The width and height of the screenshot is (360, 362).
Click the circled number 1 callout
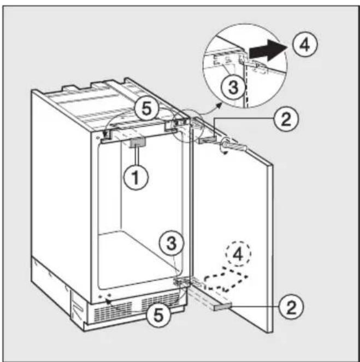click(x=136, y=177)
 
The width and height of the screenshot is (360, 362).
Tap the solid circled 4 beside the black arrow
click(x=305, y=44)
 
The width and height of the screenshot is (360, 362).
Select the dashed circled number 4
click(x=238, y=254)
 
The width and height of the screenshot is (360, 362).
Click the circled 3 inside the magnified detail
click(x=233, y=87)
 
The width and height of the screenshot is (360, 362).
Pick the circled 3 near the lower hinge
click(x=172, y=243)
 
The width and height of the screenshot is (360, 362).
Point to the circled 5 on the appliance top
click(x=146, y=109)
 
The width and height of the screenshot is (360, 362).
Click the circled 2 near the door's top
click(x=286, y=119)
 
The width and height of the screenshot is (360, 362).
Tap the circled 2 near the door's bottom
click(x=291, y=307)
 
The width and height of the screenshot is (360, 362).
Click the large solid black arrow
click(x=268, y=50)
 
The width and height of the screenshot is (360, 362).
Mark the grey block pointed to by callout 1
click(x=138, y=143)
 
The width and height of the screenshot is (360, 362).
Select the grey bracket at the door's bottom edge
click(x=222, y=307)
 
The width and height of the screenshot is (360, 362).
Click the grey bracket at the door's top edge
click(x=208, y=139)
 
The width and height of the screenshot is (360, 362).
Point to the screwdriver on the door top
click(x=234, y=145)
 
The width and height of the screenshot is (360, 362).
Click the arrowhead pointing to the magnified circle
click(x=219, y=105)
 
